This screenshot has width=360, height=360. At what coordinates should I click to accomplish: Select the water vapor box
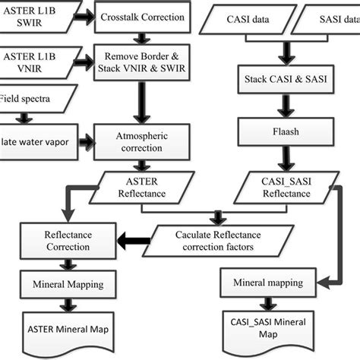(x=34, y=142)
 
